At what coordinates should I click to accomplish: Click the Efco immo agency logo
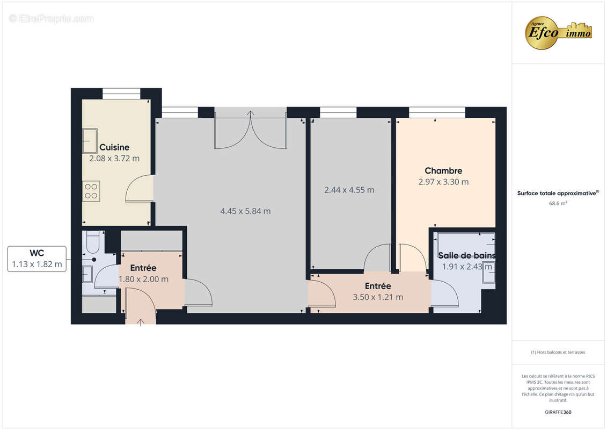coord(558,32)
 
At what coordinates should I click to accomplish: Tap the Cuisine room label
coord(114,147)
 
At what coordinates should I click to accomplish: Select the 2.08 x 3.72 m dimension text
coord(114,159)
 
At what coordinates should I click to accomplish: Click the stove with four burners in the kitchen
coord(91,191)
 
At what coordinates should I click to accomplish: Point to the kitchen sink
coord(89,141)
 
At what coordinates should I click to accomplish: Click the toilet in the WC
coord(92,242)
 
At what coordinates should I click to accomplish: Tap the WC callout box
coord(37,259)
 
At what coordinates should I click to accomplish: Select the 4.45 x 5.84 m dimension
coord(245,211)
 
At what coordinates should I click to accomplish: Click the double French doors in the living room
coord(250,132)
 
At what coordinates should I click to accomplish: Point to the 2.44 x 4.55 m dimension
coord(349,190)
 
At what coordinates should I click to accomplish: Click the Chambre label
coord(443,171)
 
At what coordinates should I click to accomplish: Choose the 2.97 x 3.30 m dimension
coord(443,182)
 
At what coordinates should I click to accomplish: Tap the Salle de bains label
coord(466,255)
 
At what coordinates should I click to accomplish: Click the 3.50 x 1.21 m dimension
coord(378,297)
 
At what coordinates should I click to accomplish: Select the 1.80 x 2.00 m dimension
coord(143,279)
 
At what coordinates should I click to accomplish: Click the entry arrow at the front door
coord(141,321)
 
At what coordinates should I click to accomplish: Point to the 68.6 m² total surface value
coord(558,204)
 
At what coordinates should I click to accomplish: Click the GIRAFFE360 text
coord(558,412)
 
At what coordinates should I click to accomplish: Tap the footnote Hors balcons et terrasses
coord(558,353)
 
